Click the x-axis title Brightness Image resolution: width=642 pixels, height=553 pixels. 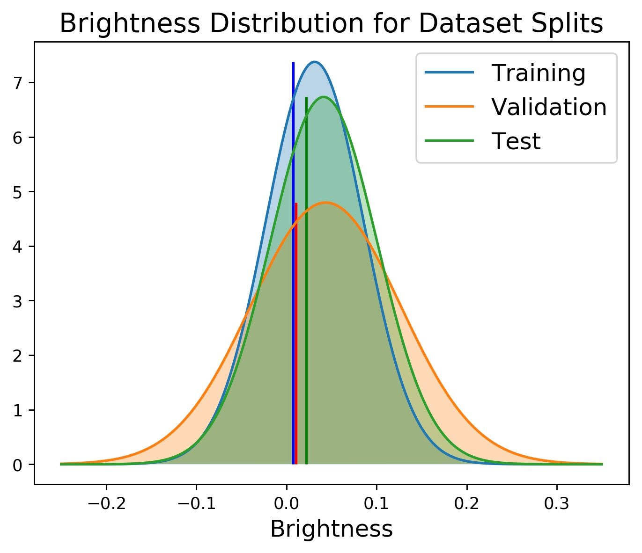point(332,529)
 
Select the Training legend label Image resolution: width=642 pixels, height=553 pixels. point(538,73)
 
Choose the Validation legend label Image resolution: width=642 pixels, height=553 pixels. point(549,107)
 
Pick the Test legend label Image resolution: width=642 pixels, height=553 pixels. point(516,141)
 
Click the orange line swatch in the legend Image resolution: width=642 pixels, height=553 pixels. point(449,107)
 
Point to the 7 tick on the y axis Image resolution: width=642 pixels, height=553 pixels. point(18,83)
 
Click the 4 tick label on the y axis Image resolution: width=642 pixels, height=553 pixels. point(18,247)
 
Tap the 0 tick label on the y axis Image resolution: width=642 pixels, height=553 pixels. point(18,465)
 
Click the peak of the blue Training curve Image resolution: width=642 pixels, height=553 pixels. point(314,62)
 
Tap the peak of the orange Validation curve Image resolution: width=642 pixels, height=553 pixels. point(325,203)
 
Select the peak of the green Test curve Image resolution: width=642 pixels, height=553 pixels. point(323,97)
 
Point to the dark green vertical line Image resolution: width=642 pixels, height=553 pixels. point(306,281)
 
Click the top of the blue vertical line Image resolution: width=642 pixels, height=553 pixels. point(293,63)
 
